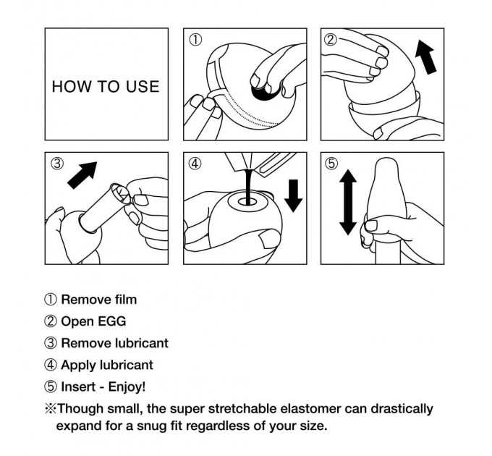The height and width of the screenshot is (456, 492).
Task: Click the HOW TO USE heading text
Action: point(106,86)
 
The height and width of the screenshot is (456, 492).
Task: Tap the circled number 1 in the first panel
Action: point(195,40)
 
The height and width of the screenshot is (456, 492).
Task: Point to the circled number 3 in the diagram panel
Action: point(56,164)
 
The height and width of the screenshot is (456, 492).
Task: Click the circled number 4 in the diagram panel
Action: point(195,164)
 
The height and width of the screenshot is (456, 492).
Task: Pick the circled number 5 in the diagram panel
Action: point(331,164)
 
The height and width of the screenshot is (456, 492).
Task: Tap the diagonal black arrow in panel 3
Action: point(82,175)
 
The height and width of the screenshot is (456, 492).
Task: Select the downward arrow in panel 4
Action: point(293,196)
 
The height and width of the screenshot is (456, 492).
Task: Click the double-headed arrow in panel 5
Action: point(348,202)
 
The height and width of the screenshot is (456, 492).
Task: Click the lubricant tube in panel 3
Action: point(104,208)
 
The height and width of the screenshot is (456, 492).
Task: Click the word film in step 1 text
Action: point(125,300)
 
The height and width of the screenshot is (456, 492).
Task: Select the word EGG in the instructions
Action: point(111,321)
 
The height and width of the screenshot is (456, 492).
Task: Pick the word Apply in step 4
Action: point(78,366)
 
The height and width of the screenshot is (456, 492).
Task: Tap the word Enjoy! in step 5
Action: point(127,387)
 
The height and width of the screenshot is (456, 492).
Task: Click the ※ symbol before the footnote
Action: point(50,409)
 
